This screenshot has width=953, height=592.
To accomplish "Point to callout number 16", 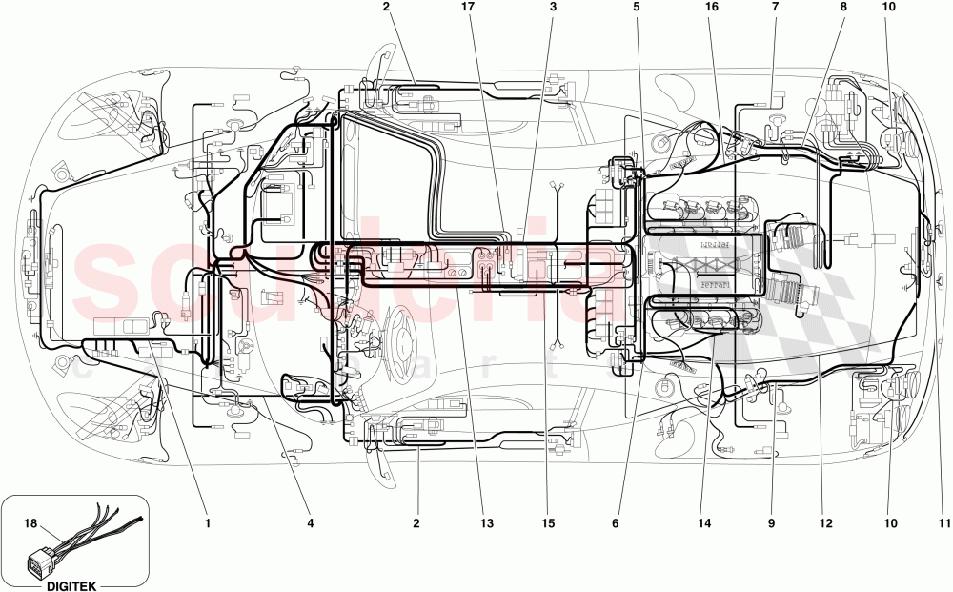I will pos(711,7).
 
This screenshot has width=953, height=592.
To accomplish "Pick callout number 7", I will pos(775,7).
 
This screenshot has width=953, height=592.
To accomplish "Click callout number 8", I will pos(843,7).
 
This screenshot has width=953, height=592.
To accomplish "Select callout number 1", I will pos(207,522).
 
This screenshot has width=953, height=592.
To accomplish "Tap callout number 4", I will pos(311,522).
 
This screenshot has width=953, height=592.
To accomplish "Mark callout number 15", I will pos(547,522).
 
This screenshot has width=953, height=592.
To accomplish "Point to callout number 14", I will pos(705,522).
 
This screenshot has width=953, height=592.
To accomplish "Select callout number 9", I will pos(772,522).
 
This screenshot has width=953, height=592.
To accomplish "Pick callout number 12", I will pos(825,522).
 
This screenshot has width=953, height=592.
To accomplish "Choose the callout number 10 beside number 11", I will pos(889,522).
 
